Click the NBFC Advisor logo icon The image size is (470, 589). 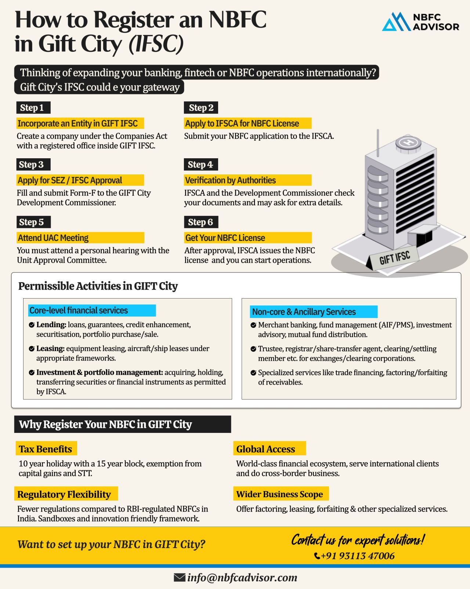coord(396,22)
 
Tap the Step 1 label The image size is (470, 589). coord(33,108)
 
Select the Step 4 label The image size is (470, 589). coord(200,165)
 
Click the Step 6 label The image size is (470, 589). coord(200,222)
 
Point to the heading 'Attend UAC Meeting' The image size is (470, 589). coord(54,238)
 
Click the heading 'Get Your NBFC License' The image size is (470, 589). coord(225,238)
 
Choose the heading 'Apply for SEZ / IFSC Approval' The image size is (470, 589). coord(70,180)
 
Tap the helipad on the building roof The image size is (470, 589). coord(408,142)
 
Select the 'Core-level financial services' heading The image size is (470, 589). coord(79,311)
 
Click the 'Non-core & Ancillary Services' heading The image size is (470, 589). coord(304,312)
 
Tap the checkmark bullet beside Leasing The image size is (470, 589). coord(32,349)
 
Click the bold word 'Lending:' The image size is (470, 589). coord(51,325)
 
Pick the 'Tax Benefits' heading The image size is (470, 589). coord(46,449)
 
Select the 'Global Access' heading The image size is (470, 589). coord(265,449)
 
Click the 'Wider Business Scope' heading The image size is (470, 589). coord(279,494)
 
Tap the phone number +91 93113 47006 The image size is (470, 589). coord(358,556)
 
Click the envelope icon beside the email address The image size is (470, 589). coord(179,578)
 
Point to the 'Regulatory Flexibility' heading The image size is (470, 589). coord(64,495)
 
